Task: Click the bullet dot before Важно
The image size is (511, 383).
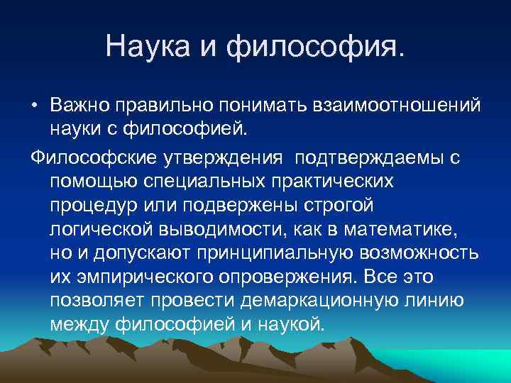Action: coord(34,105)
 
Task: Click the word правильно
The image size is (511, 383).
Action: coord(160,105)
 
